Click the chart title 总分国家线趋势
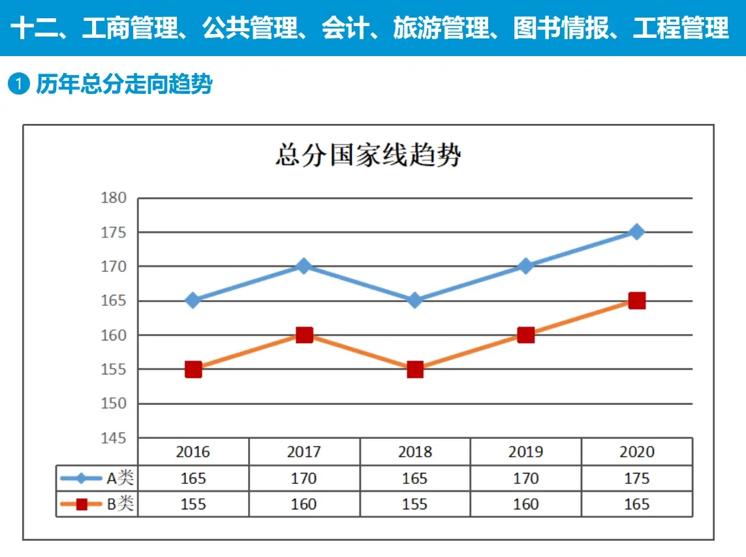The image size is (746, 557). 368,156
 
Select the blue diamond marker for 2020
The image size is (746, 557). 636,232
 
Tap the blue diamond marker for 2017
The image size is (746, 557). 303,266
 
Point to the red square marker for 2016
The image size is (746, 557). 193,369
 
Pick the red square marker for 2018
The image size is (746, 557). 415,369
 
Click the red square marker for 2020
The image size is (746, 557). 636,301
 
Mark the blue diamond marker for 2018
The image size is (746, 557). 415,301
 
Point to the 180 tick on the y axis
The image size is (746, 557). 114,198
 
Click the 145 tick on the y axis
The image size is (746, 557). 114,438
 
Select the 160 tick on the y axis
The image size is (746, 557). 114,335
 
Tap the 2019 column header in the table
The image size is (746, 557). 525,452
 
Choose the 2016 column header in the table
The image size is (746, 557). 193,452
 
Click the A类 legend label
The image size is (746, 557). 120,478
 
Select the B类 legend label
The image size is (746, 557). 120,504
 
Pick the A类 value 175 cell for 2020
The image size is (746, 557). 636,479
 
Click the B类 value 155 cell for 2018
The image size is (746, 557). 414,504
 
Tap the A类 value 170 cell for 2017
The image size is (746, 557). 303,479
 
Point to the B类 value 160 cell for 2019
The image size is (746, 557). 525,504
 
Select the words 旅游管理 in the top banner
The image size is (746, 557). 441,28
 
